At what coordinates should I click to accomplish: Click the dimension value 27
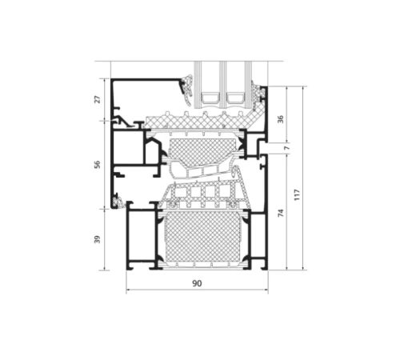(x=98, y=99)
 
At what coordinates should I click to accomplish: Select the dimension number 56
(x=98, y=165)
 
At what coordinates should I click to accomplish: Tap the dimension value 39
(x=98, y=239)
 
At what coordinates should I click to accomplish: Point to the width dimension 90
(x=197, y=283)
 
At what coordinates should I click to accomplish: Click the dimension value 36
(x=281, y=119)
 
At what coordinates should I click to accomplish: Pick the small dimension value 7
(x=286, y=147)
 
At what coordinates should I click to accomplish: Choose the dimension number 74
(x=281, y=213)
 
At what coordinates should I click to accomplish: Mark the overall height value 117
(x=298, y=194)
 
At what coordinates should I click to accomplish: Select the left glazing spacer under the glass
(x=210, y=98)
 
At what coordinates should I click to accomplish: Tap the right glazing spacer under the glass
(x=235, y=98)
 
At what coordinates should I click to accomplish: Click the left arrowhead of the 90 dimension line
(x=128, y=290)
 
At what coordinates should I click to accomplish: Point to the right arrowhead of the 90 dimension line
(x=266, y=290)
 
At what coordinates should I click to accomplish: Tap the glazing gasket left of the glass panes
(x=187, y=90)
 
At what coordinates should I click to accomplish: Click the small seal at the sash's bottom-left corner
(x=118, y=203)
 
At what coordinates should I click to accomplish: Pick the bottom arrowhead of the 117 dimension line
(x=302, y=268)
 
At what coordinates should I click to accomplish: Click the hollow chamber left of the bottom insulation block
(x=141, y=237)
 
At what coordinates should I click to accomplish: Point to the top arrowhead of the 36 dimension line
(x=286, y=89)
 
